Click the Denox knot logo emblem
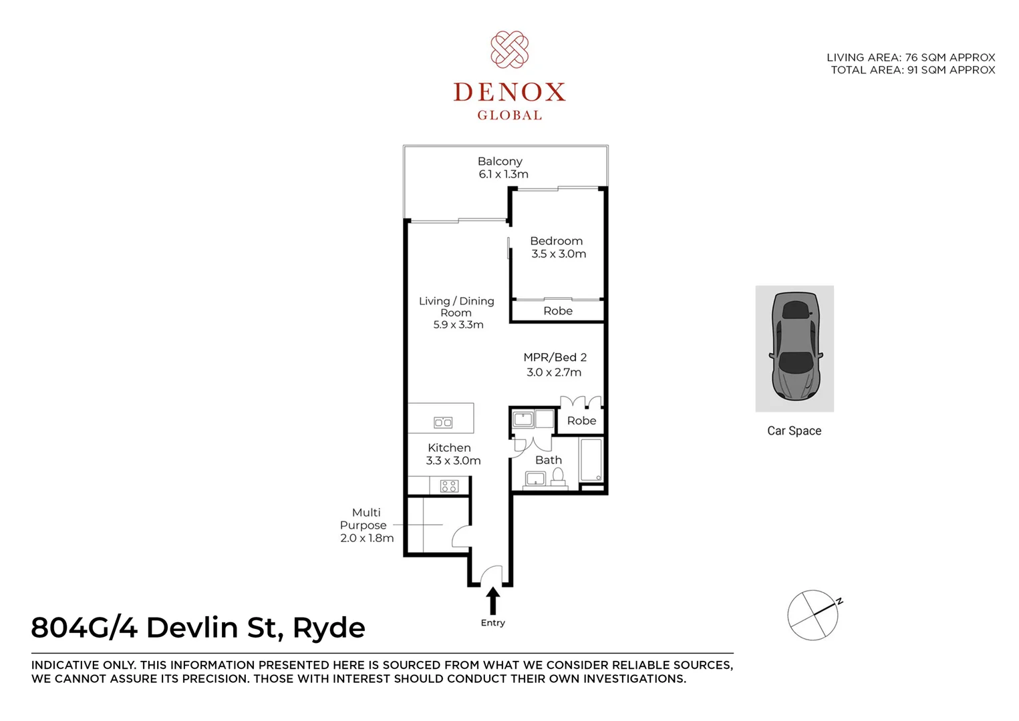tap(509, 49)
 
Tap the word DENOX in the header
tap(509, 92)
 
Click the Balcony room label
tap(500, 162)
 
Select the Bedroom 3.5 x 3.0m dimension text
tap(559, 254)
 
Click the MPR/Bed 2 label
tap(555, 358)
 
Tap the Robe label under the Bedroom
tap(558, 311)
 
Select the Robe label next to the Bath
tap(581, 421)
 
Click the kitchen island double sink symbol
tap(443, 422)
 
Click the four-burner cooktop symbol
tap(449, 486)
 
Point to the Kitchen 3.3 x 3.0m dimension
tap(453, 461)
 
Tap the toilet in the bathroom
tap(557, 475)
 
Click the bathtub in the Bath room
tap(591, 459)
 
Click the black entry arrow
tap(492, 600)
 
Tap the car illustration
tap(794, 347)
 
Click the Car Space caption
tap(794, 431)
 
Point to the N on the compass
tap(839, 601)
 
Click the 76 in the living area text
tap(911, 57)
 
